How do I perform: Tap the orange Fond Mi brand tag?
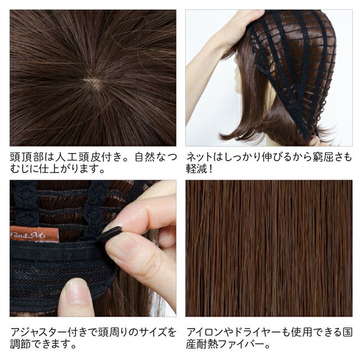34,234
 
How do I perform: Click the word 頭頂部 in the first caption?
26,157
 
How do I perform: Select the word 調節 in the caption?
20,344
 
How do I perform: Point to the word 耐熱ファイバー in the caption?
230,344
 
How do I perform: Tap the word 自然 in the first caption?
145,157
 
